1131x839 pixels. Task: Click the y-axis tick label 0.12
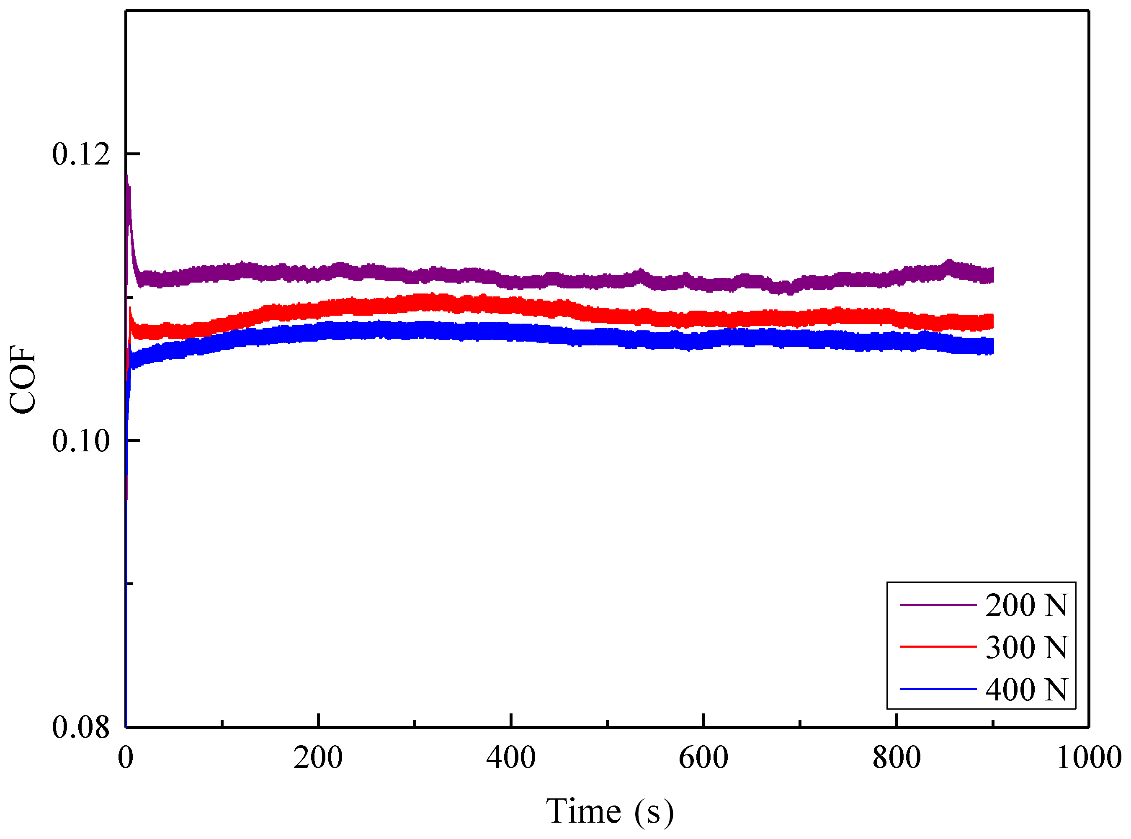tap(81, 154)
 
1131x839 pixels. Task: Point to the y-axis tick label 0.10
tap(81, 440)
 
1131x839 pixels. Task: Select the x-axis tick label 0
tap(126, 758)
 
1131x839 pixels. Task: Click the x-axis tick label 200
tap(318, 758)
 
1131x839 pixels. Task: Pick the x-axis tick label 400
tap(510, 758)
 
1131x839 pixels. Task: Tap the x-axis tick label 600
tap(703, 758)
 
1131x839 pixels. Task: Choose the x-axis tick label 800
tap(897, 758)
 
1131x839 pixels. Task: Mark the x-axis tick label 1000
tap(1089, 758)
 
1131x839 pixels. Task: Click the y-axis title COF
tap(23, 380)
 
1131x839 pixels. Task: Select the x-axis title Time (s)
tap(610, 811)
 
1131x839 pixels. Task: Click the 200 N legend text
tap(1026, 605)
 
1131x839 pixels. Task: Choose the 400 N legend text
tap(1026, 690)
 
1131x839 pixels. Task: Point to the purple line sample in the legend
tap(938, 605)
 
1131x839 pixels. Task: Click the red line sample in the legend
tap(938, 647)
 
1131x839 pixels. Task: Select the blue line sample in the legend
tap(938, 689)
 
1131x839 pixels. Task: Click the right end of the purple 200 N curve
tap(992, 275)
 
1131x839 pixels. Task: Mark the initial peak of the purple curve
tap(127, 176)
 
